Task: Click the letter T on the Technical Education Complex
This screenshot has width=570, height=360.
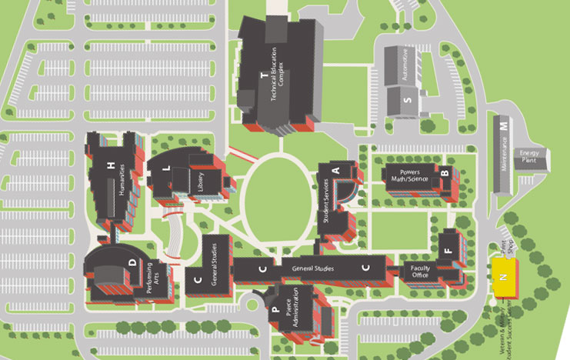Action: (x=263, y=75)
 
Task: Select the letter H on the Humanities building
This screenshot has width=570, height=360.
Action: (x=112, y=165)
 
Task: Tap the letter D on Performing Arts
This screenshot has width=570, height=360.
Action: (x=132, y=263)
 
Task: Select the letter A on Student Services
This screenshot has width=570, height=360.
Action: (x=335, y=169)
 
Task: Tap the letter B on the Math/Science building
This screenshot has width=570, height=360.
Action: (x=444, y=173)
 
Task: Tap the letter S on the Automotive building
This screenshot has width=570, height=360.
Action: (x=408, y=100)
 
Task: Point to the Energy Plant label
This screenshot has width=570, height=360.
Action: (x=530, y=158)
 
